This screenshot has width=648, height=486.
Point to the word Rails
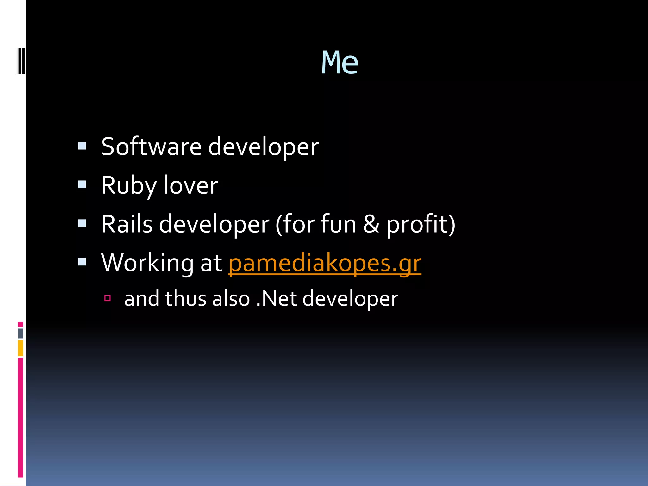127,224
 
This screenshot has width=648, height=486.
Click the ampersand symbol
371,224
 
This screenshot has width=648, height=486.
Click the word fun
338,224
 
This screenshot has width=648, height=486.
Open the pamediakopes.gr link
325,263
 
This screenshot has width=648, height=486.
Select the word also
231,299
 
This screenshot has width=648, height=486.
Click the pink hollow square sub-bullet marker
108,298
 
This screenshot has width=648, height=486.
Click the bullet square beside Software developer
82,146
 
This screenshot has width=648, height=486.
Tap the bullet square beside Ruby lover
82,184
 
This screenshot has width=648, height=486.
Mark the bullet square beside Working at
82,262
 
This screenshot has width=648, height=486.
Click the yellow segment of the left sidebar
21,348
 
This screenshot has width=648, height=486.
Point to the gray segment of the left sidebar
21,333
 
